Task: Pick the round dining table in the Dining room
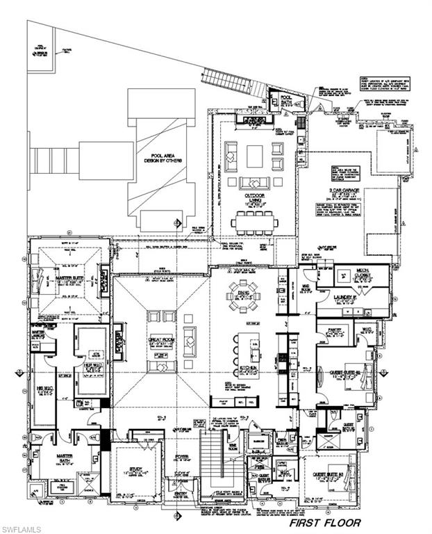point(245,296)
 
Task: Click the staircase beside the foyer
point(211,462)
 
